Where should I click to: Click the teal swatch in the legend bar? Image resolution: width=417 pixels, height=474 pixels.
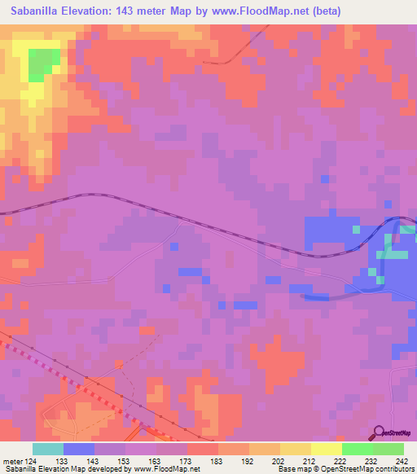coord(48,449)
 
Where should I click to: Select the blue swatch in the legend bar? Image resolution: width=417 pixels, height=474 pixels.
coord(79,449)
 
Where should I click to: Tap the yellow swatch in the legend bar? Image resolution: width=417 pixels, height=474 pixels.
coord(326,449)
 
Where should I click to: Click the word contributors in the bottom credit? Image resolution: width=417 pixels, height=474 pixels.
coord(394,469)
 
